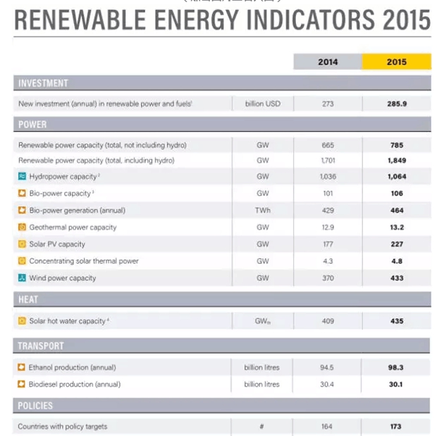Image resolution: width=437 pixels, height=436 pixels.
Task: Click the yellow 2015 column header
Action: [396, 62]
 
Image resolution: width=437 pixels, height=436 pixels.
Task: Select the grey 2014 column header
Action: [327, 62]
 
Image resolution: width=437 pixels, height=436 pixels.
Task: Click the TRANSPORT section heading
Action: [41, 346]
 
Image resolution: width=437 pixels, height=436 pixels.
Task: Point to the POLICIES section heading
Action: [36, 406]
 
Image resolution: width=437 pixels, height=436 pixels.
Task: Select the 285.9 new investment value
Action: [396, 104]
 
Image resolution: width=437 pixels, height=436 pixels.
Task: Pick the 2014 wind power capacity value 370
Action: [327, 278]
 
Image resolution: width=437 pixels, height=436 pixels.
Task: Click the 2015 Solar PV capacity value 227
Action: [396, 244]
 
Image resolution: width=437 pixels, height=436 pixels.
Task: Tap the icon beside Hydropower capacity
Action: [22, 177]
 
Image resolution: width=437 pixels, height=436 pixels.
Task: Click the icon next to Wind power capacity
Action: [22, 278]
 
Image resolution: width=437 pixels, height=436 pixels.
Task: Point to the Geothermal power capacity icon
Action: [22, 228]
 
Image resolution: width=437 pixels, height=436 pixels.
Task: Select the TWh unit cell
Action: [262, 211]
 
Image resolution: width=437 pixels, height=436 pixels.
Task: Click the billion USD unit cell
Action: [262, 104]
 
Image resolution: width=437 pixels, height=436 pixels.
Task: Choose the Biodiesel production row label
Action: [74, 385]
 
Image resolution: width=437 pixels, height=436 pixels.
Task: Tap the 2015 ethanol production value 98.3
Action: [396, 368]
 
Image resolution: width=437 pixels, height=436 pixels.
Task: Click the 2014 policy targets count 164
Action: [327, 427]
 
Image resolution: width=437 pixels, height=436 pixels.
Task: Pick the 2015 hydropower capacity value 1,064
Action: [396, 177]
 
